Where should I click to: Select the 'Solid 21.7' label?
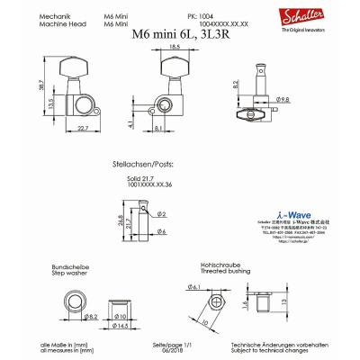[x=144, y=181]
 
